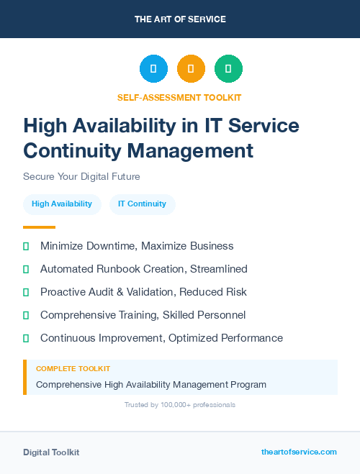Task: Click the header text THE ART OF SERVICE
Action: click(x=180, y=19)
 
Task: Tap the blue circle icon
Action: click(x=153, y=69)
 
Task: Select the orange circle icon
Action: click(x=191, y=69)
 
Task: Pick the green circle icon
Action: click(x=228, y=69)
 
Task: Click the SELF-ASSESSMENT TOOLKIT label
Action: click(x=179, y=97)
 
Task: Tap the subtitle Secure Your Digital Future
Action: click(x=81, y=176)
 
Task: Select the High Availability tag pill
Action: click(x=62, y=204)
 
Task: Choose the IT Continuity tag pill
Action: click(x=142, y=204)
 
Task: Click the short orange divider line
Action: click(x=39, y=227)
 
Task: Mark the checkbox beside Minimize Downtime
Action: click(x=26, y=246)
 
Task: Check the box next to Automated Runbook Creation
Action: click(x=26, y=269)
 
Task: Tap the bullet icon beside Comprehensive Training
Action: click(x=26, y=315)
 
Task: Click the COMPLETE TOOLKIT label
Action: click(x=73, y=368)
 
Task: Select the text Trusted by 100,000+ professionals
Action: click(x=180, y=405)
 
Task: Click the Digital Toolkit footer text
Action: click(x=51, y=452)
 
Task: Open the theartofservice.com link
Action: click(x=299, y=452)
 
